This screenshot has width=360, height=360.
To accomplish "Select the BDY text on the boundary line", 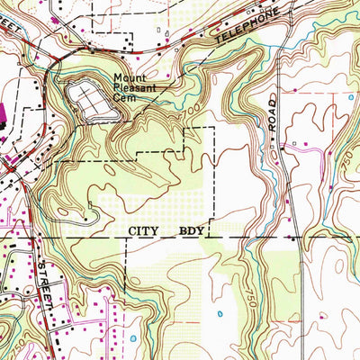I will click(193, 231).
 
